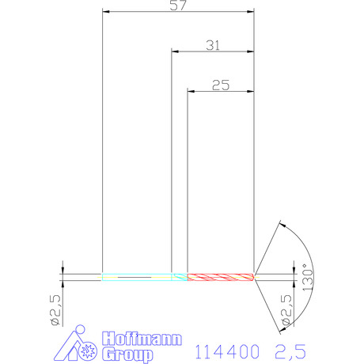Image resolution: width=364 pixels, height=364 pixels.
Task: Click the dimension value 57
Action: [x=178, y=5]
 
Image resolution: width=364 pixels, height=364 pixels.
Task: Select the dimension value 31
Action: [x=213, y=45]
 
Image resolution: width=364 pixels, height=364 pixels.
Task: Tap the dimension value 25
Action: [x=221, y=85]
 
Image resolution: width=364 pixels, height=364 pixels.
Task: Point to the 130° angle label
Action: [x=308, y=278]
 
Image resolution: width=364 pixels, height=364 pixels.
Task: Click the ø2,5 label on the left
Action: [x=56, y=310]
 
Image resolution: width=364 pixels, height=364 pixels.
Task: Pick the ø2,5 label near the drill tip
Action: [x=286, y=309]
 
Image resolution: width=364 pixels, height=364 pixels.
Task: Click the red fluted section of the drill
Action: [x=221, y=277]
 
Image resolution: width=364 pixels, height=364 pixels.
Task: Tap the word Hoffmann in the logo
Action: [x=142, y=339]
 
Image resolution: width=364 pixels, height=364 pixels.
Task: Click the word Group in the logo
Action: [x=127, y=355]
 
